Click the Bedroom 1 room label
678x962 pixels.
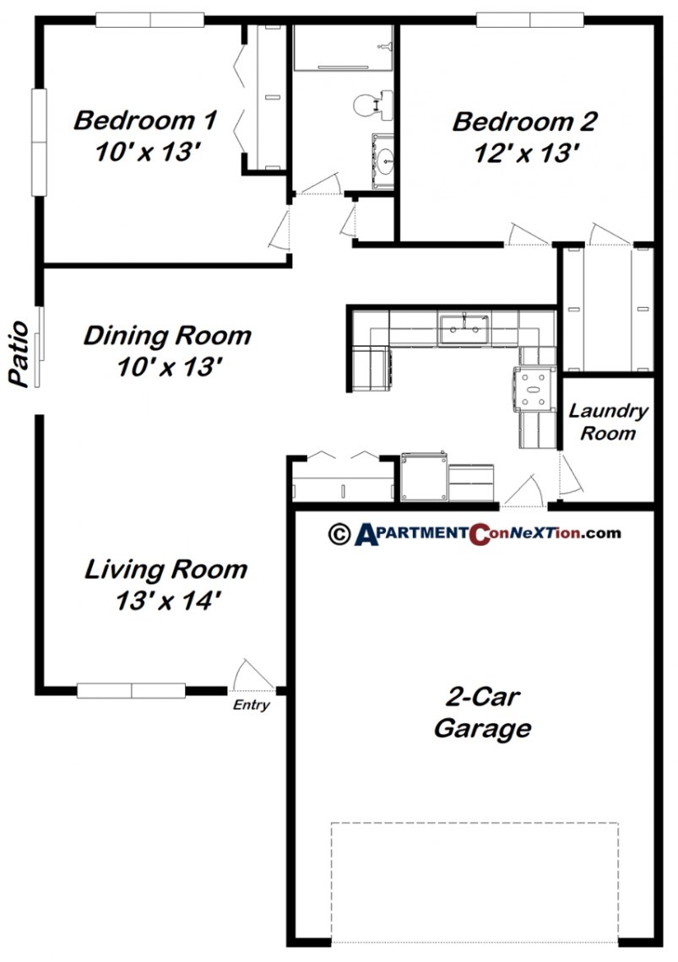[145, 120]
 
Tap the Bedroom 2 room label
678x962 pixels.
[525, 122]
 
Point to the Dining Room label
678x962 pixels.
[167, 336]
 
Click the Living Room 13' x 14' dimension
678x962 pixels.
[166, 600]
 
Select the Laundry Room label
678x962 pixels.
[607, 422]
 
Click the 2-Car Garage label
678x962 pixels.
[482, 713]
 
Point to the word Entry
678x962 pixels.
[252, 705]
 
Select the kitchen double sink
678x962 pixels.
[464, 327]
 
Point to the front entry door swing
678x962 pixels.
[252, 673]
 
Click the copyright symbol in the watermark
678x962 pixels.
[339, 532]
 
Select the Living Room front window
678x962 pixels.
[131, 690]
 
